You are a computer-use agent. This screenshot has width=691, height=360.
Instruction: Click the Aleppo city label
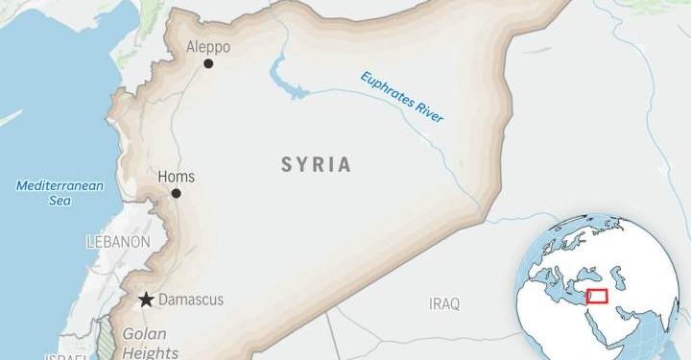coord(208,46)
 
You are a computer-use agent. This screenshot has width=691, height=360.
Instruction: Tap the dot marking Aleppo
coord(208,64)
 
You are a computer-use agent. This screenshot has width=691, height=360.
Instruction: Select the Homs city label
coord(175,176)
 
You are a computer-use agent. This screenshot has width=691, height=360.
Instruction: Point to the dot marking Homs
coord(176,193)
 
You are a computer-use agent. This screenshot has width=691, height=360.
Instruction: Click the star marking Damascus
coord(145,300)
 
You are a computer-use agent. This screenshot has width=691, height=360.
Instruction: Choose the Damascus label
coord(190,300)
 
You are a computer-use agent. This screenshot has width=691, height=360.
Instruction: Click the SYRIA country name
coord(316,164)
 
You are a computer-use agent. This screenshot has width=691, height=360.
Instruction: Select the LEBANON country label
coord(118,241)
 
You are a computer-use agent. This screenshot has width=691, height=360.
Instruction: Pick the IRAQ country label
coord(443,303)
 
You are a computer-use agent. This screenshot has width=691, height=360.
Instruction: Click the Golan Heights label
coord(145,344)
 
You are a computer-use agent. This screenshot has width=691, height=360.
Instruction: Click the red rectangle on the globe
coord(597,297)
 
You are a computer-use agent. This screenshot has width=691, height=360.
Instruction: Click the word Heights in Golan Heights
coord(145,352)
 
